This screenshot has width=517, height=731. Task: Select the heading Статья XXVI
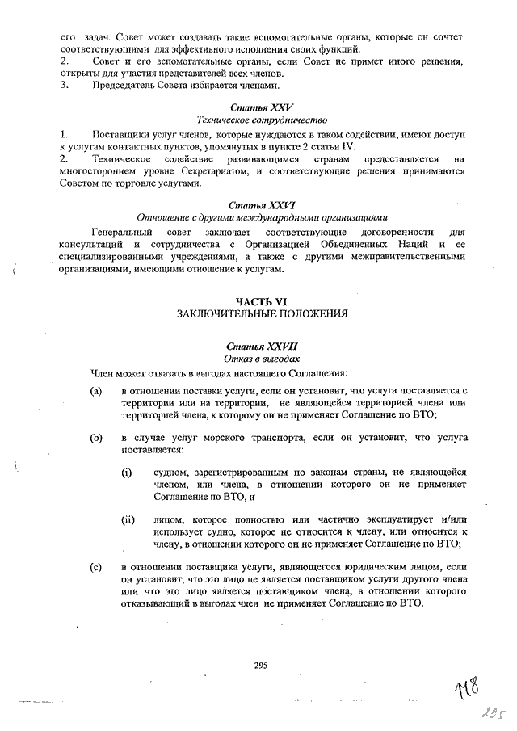(261, 204)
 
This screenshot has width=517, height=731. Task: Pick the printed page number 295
(260, 666)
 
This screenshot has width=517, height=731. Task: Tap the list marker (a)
(96, 390)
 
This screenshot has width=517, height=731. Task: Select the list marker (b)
(96, 437)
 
